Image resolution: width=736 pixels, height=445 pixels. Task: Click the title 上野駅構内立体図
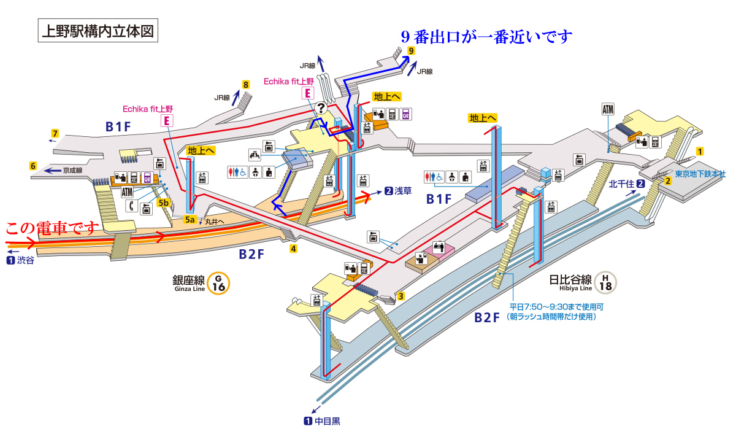click(98, 31)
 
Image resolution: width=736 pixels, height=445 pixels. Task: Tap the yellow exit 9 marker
click(410, 52)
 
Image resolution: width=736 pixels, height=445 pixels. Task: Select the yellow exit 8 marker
click(246, 85)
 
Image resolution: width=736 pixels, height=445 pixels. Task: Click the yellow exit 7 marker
click(55, 133)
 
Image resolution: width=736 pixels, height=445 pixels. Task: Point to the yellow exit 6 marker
click(33, 165)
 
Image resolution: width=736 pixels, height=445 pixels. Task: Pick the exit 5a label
click(190, 219)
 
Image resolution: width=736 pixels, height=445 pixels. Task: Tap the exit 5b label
click(164, 203)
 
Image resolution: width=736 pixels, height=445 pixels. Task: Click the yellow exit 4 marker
click(294, 249)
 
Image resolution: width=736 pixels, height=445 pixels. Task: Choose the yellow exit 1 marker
click(699, 151)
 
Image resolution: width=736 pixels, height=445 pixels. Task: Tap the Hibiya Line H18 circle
click(605, 282)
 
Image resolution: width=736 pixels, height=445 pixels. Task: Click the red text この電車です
click(52, 229)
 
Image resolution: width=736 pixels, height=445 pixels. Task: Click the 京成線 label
click(72, 171)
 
